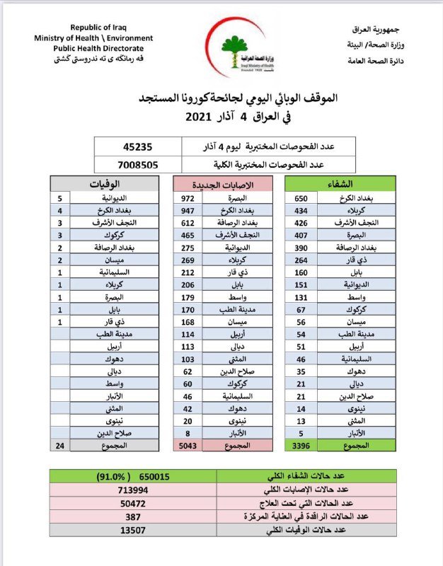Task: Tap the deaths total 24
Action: (60, 446)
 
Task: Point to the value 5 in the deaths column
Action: (60, 199)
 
